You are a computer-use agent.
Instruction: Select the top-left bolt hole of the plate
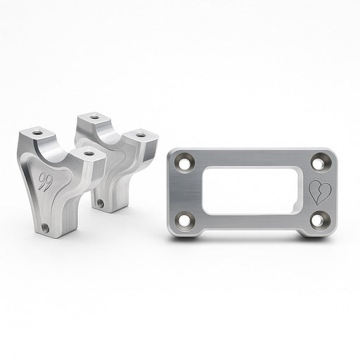pos(187,161)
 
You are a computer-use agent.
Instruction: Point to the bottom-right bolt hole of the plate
pos(318,221)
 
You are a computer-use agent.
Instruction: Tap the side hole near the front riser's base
pos(47,229)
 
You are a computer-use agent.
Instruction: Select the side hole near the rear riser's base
pos(101,204)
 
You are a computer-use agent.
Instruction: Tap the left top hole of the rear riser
pos(92,115)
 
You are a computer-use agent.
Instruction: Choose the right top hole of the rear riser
pos(141,134)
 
